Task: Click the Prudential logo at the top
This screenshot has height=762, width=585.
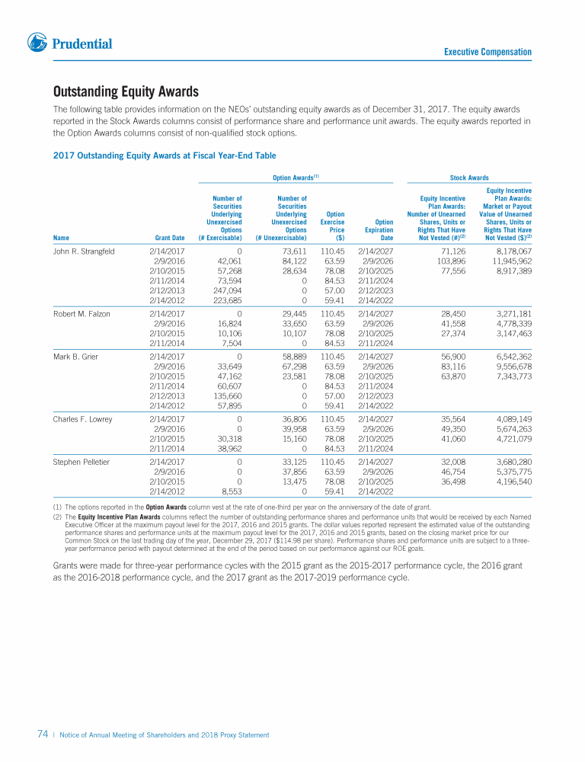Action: click(69, 43)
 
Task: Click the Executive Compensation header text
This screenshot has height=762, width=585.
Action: click(487, 52)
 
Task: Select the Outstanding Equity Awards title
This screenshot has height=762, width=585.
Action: click(126, 92)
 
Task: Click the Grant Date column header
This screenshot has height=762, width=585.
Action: click(169, 238)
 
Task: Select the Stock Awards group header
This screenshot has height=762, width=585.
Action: click(469, 178)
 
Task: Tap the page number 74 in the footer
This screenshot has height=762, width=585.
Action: click(43, 735)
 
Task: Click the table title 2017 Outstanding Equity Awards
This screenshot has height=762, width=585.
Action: click(164, 155)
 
